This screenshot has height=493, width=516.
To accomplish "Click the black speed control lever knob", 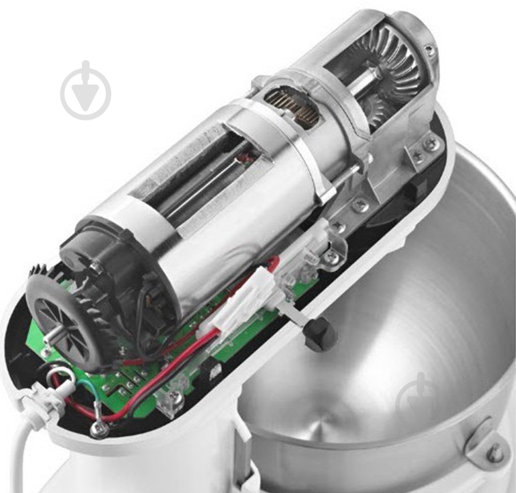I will point(319,334).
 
